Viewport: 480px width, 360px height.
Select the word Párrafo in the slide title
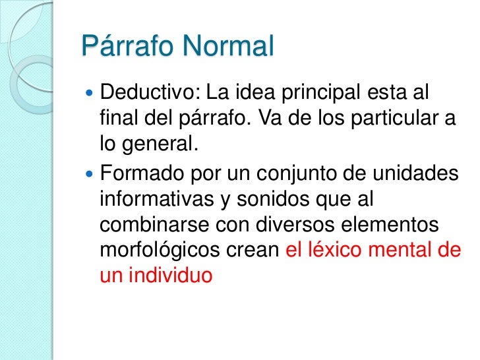[x=124, y=48]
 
